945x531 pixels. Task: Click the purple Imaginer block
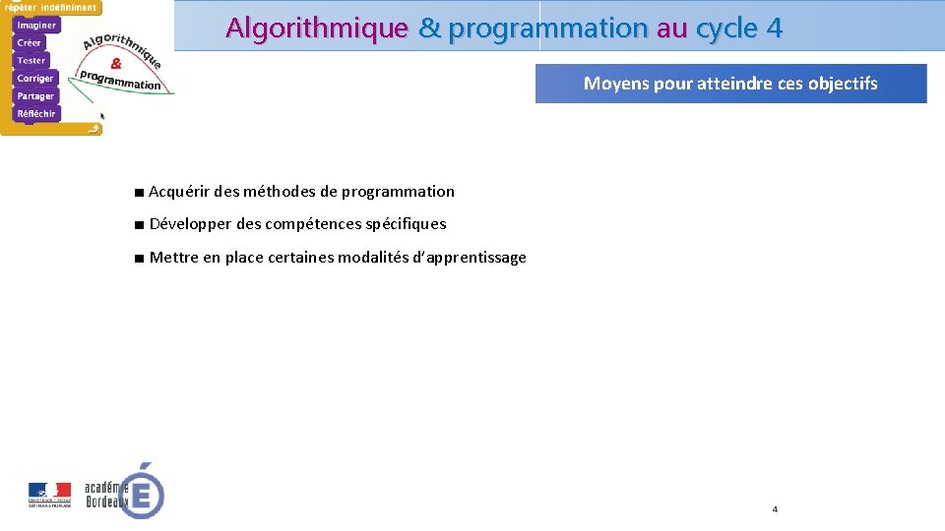pyautogui.click(x=36, y=25)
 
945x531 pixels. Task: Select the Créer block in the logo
pyautogui.click(x=30, y=42)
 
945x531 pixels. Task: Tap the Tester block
pyautogui.click(x=31, y=60)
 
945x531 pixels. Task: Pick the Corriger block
pyautogui.click(x=35, y=78)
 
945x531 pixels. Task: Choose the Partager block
pyautogui.click(x=35, y=95)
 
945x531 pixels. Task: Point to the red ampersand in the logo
pyautogui.click(x=116, y=62)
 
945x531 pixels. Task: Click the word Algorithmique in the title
pyautogui.click(x=316, y=29)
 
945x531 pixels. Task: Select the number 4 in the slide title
pyautogui.click(x=774, y=29)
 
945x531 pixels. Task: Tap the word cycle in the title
pyautogui.click(x=725, y=29)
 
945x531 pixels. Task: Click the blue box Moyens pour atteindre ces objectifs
pyautogui.click(x=730, y=84)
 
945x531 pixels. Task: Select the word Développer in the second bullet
pyautogui.click(x=191, y=224)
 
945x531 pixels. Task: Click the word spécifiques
pyautogui.click(x=406, y=224)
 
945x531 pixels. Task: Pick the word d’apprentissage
pyautogui.click(x=469, y=258)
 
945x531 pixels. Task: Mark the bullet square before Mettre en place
pyautogui.click(x=141, y=259)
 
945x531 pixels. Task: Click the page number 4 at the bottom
pyautogui.click(x=775, y=509)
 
